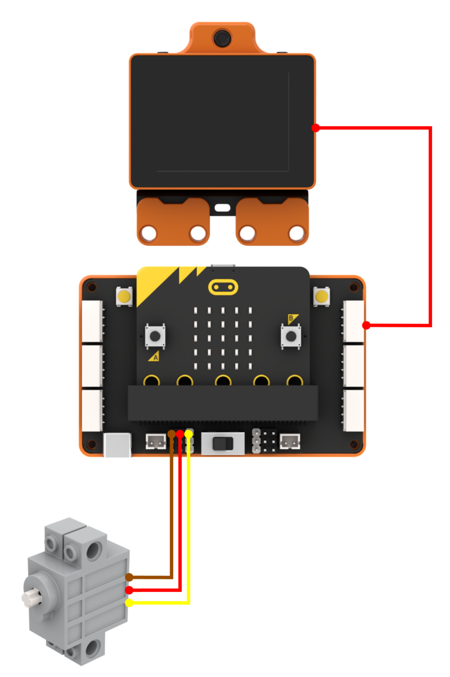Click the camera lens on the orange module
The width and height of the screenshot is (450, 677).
[x=222, y=38]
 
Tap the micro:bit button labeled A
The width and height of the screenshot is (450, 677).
[x=155, y=336]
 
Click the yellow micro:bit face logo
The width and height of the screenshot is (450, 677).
[x=223, y=287]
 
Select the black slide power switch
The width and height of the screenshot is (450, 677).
[x=223, y=444]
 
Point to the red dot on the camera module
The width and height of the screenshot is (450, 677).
[x=316, y=128]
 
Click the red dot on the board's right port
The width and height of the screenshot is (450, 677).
[x=366, y=325]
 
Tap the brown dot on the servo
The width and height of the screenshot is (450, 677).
[x=129, y=577]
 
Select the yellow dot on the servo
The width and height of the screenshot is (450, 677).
[x=129, y=602]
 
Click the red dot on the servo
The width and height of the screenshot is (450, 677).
[x=129, y=590]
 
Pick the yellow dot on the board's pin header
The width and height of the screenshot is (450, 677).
[x=189, y=434]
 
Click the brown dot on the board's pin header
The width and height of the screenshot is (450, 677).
[x=171, y=434]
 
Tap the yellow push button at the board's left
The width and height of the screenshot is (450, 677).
[x=124, y=297]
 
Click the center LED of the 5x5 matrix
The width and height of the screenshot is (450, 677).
[x=223, y=338]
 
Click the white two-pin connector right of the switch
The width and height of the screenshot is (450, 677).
[x=290, y=441]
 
